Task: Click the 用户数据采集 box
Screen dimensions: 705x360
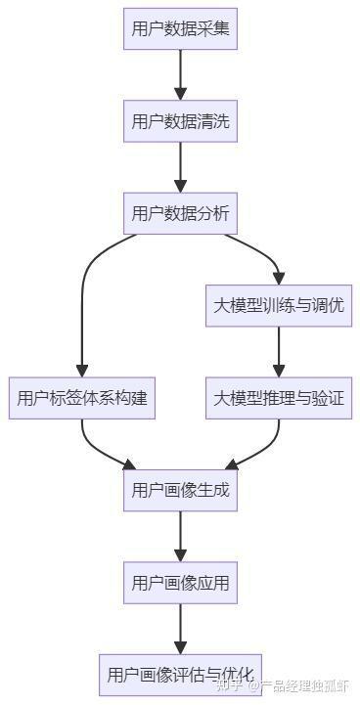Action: click(x=181, y=29)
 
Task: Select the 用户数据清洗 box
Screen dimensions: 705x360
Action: click(x=181, y=121)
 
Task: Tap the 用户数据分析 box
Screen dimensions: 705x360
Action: click(x=181, y=213)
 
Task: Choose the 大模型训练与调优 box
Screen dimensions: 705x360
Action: click(x=279, y=305)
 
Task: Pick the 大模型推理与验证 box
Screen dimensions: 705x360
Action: click(x=279, y=398)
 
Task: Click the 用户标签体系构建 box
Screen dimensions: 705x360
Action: click(x=83, y=398)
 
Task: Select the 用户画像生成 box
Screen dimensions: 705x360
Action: click(x=181, y=490)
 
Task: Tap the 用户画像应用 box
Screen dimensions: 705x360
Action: click(x=181, y=583)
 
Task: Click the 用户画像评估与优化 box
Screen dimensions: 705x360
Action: click(x=181, y=675)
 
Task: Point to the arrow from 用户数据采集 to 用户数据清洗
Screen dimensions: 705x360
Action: click(x=181, y=74)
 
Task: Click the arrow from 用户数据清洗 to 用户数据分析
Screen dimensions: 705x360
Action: click(x=181, y=166)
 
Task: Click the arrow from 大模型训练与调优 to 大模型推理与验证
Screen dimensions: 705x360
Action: click(x=279, y=351)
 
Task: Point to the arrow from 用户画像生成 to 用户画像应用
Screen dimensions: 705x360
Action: click(x=181, y=536)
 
